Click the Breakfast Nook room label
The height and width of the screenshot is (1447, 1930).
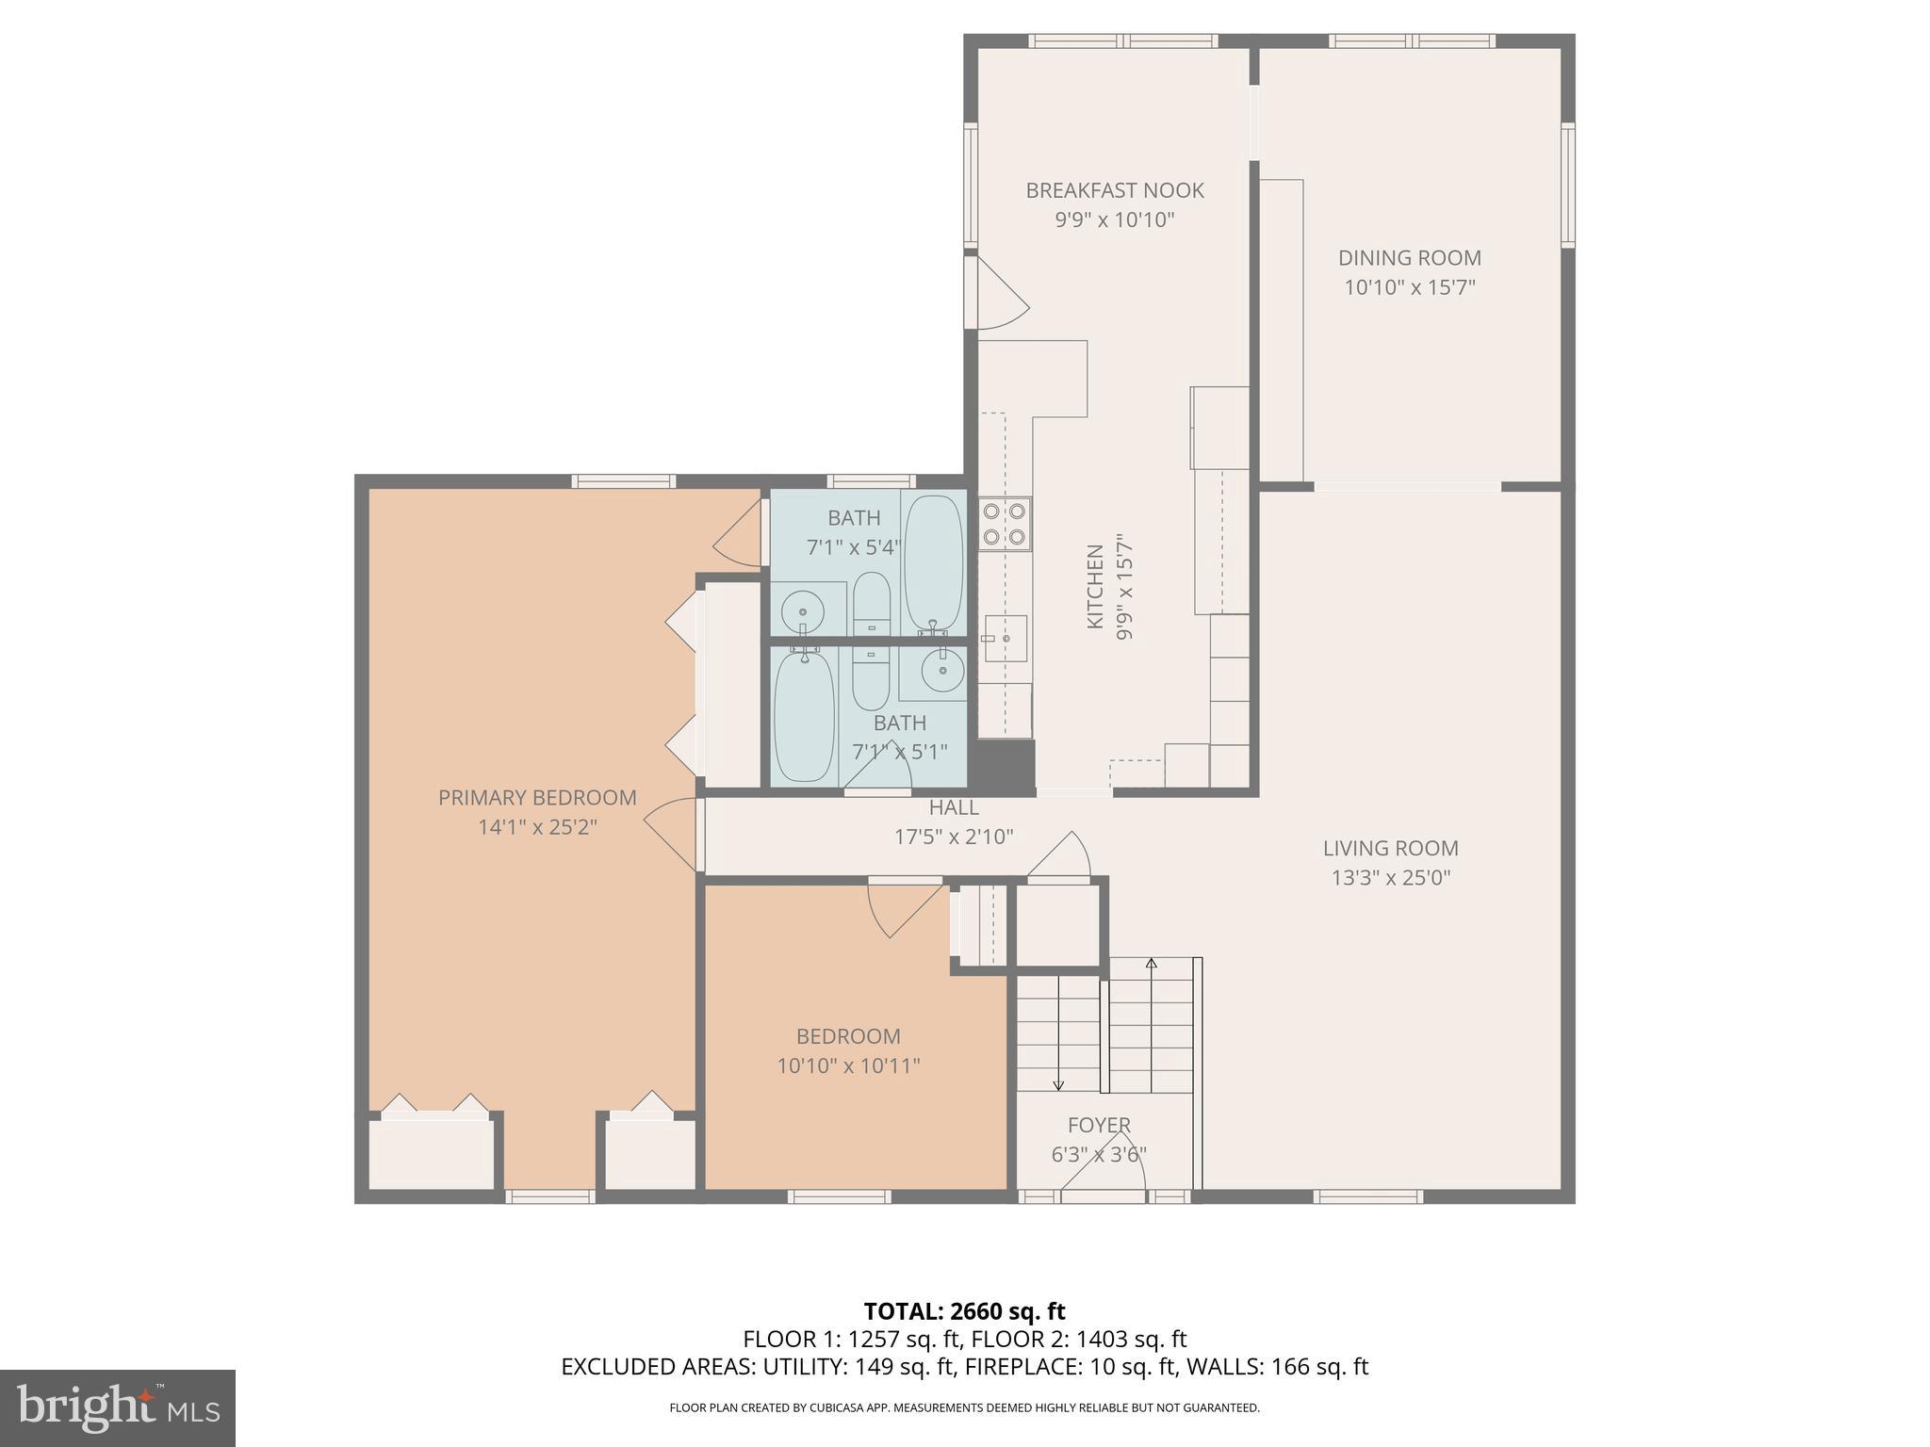pyautogui.click(x=1115, y=190)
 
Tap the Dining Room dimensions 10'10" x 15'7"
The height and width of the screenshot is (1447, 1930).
pyautogui.click(x=1409, y=287)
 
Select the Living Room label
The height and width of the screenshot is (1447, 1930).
pyautogui.click(x=1390, y=848)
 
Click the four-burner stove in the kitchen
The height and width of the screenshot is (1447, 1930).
pyautogui.click(x=1005, y=525)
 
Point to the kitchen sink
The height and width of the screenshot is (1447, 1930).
pyautogui.click(x=1005, y=639)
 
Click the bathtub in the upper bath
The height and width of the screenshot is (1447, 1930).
pyautogui.click(x=933, y=562)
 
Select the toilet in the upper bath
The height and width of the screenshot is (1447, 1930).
pyautogui.click(x=872, y=603)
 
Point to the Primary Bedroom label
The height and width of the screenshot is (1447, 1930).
pyautogui.click(x=537, y=798)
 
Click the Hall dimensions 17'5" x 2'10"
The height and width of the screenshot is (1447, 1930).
pyautogui.click(x=954, y=837)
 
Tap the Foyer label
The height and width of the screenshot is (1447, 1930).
pyautogui.click(x=1099, y=1125)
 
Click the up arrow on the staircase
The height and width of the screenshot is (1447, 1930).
pyautogui.click(x=1151, y=965)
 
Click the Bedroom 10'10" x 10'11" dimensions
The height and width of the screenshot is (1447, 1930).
pyautogui.click(x=848, y=1066)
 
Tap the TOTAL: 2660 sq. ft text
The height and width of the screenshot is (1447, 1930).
pyautogui.click(x=964, y=1311)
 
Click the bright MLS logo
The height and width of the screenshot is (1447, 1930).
pyautogui.click(x=117, y=1408)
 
